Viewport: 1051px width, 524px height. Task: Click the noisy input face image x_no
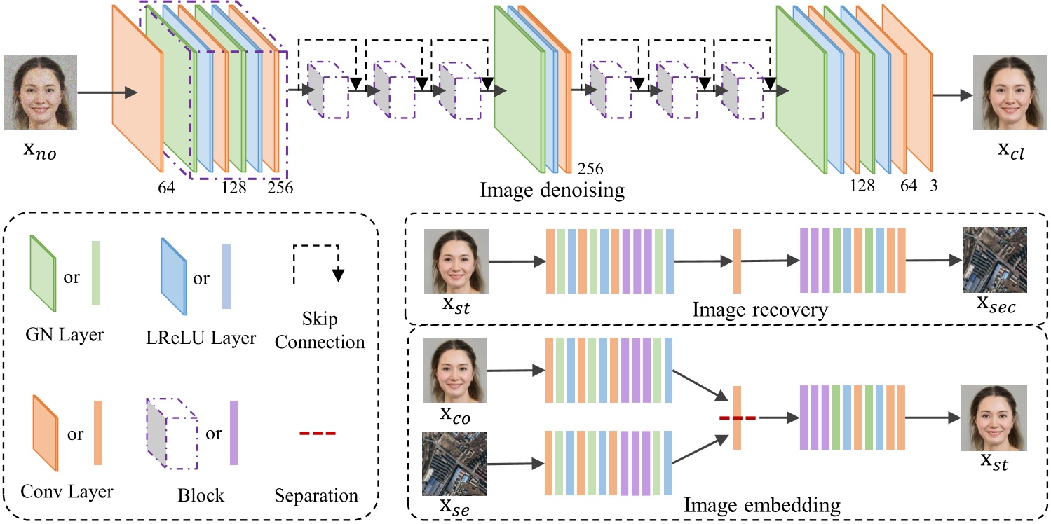40,92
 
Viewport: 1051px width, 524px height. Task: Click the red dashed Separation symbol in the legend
318,434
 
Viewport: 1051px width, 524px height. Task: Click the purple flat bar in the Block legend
233,433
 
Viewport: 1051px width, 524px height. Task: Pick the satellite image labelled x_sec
994,260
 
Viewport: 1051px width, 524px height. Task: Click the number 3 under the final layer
933,186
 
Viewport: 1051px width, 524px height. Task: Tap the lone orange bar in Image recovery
737,261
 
